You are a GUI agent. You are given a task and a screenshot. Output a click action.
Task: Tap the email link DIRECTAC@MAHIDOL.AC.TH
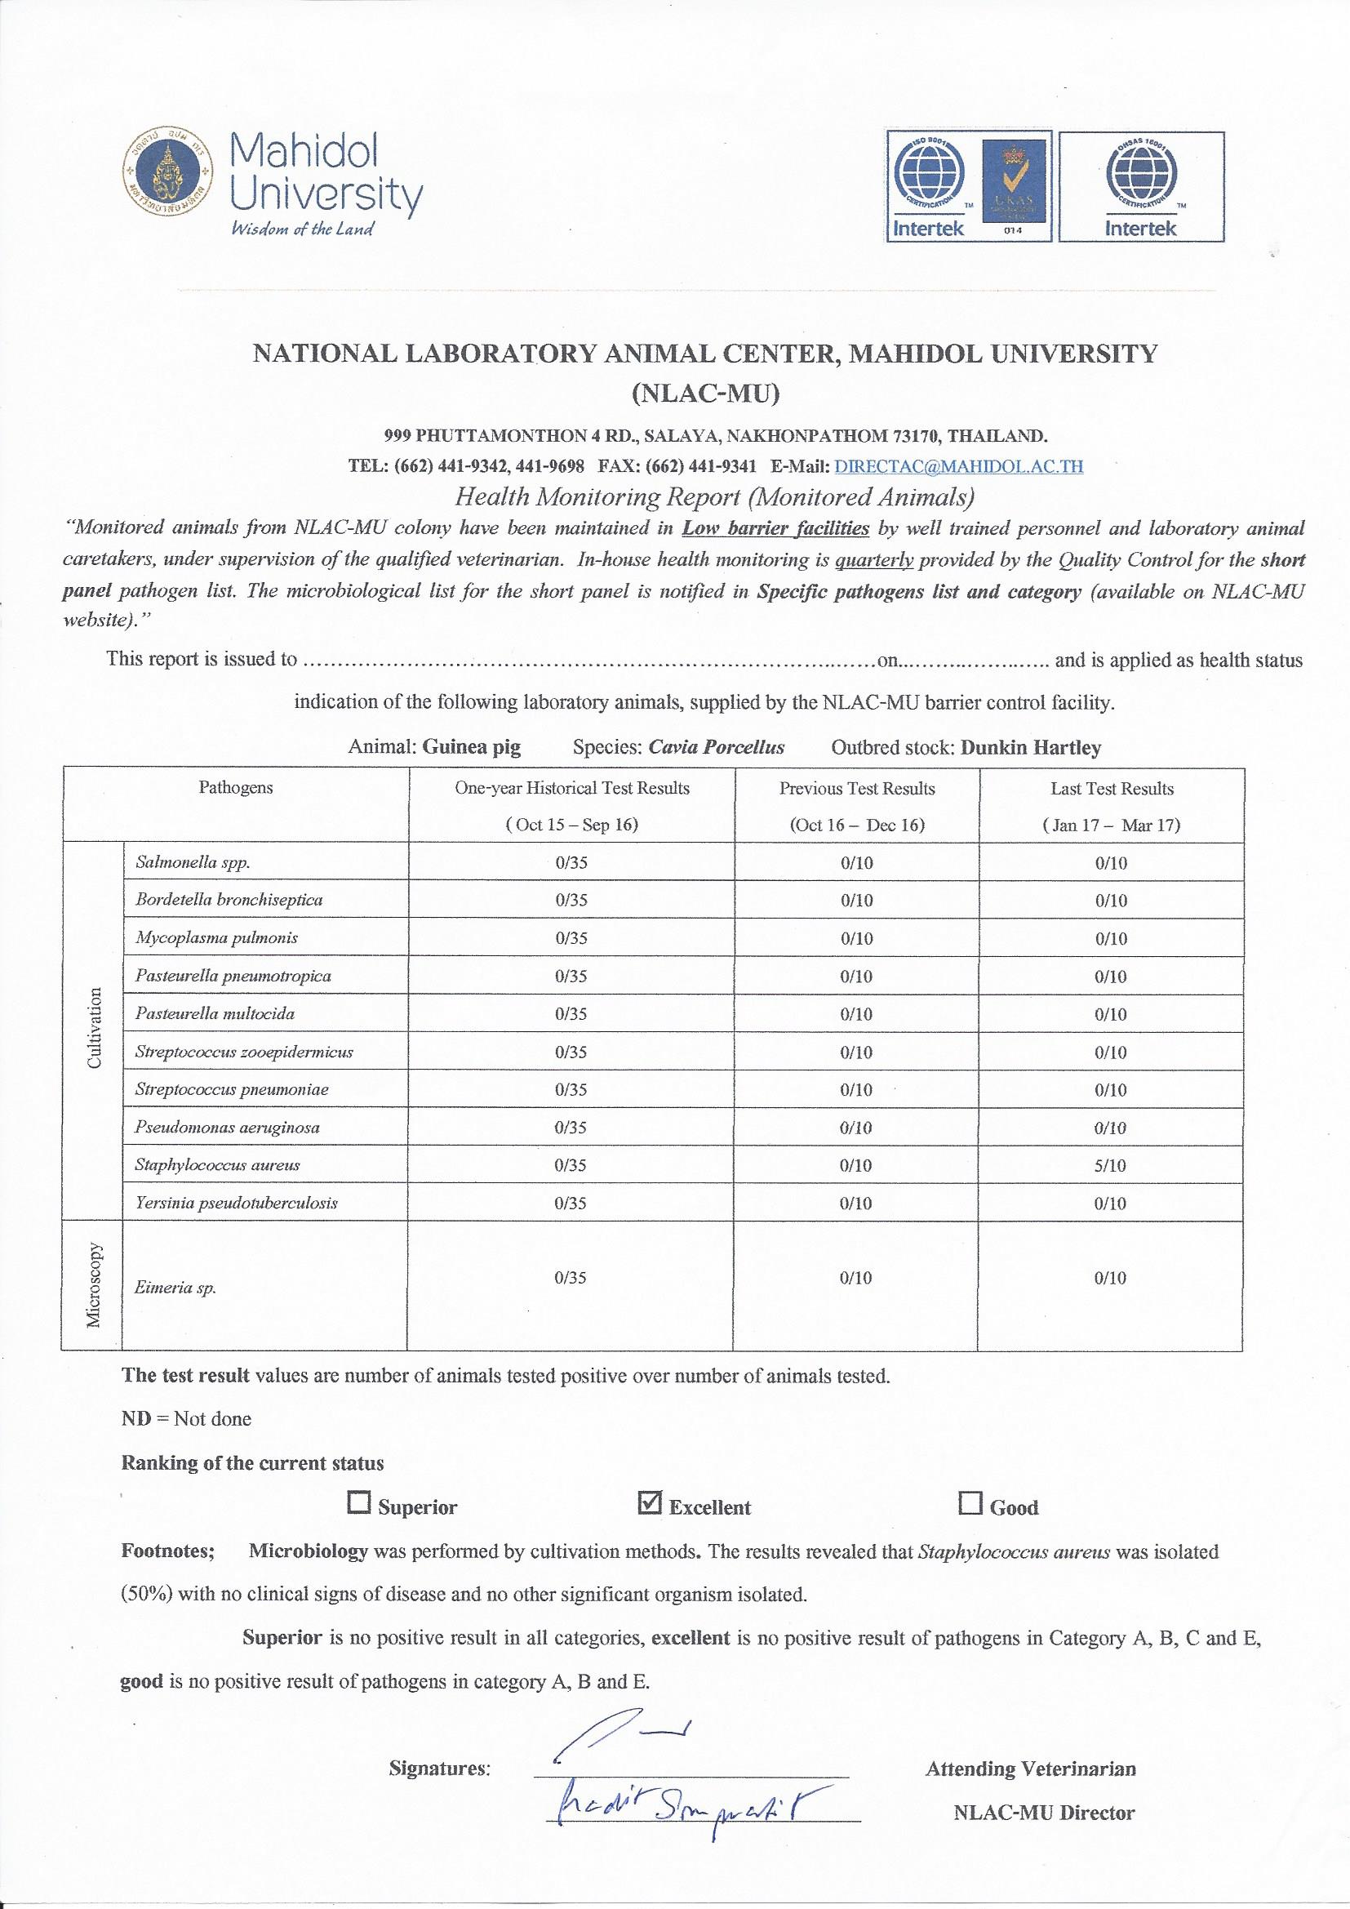pyautogui.click(x=958, y=465)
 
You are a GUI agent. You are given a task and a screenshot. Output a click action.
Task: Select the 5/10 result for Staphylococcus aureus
pyautogui.click(x=1111, y=1166)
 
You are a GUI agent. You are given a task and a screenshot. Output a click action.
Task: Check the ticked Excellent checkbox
pyautogui.click(x=649, y=1503)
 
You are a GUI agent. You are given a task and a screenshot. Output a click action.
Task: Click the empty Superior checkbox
pyautogui.click(x=359, y=1503)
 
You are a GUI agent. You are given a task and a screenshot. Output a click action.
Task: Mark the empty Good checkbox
pyautogui.click(x=970, y=1503)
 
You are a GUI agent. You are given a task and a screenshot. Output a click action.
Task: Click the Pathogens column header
pyautogui.click(x=235, y=788)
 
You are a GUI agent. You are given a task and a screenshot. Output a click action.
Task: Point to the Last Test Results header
pyautogui.click(x=1112, y=788)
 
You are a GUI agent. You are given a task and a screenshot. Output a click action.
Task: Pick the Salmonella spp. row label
pyautogui.click(x=193, y=862)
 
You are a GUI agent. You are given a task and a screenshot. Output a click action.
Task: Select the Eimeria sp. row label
pyautogui.click(x=175, y=1288)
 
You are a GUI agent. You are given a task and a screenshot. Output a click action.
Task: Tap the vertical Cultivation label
pyautogui.click(x=94, y=1028)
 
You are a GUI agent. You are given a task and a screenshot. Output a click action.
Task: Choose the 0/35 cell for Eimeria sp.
pyautogui.click(x=571, y=1278)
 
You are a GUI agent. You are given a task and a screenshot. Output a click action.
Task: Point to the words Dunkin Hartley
pyautogui.click(x=1030, y=746)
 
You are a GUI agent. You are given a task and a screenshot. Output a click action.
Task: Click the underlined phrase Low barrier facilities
pyautogui.click(x=775, y=528)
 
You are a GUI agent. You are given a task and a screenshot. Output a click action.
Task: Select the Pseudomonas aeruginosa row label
pyautogui.click(x=227, y=1128)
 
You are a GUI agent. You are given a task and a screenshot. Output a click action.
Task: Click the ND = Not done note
pyautogui.click(x=186, y=1418)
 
